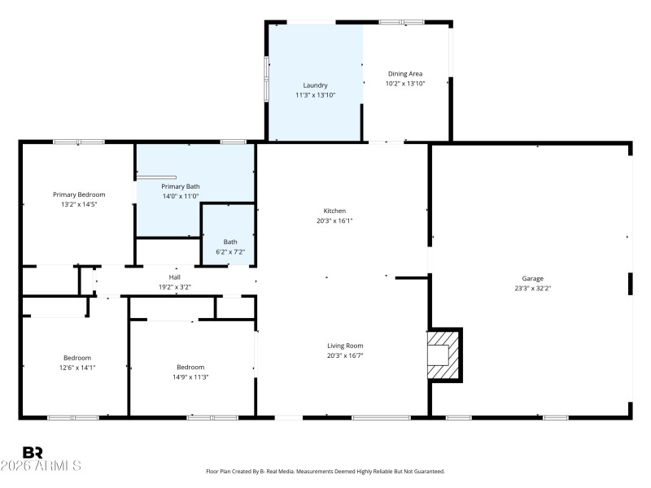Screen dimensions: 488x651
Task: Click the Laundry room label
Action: pyautogui.click(x=315, y=85)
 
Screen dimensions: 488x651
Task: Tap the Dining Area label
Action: pyautogui.click(x=404, y=74)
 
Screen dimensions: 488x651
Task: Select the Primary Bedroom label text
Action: pyautogui.click(x=79, y=194)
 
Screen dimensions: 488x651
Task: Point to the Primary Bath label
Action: pyautogui.click(x=180, y=186)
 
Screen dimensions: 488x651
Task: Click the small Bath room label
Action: pyautogui.click(x=230, y=242)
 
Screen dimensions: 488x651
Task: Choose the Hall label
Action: pyautogui.click(x=174, y=277)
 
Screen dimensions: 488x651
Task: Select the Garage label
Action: pyautogui.click(x=533, y=278)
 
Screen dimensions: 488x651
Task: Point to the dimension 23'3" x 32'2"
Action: pyautogui.click(x=533, y=288)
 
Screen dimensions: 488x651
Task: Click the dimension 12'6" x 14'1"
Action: pyautogui.click(x=77, y=368)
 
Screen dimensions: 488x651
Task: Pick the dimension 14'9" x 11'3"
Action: pyautogui.click(x=190, y=377)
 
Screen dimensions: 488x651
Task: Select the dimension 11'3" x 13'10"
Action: pyautogui.click(x=315, y=95)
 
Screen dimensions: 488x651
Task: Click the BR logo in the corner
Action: pyautogui.click(x=33, y=452)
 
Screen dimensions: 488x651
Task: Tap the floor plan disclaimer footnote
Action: pyautogui.click(x=325, y=471)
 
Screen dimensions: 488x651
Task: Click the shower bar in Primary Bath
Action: pyautogui.click(x=156, y=176)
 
